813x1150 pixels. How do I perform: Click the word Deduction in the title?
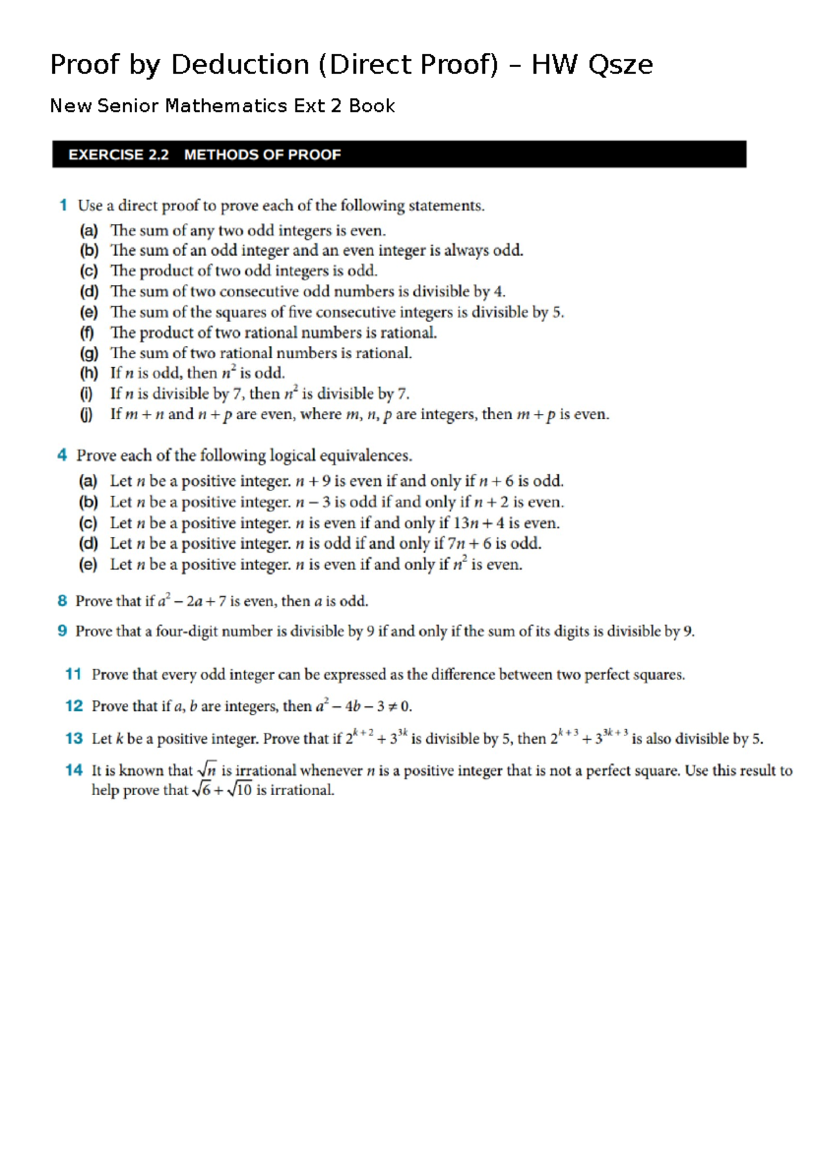(x=240, y=64)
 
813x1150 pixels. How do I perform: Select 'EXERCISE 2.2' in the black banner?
(x=118, y=154)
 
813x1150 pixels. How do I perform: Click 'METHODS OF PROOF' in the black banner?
(x=262, y=154)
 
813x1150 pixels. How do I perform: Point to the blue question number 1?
(x=63, y=205)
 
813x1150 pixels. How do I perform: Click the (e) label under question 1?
(x=89, y=312)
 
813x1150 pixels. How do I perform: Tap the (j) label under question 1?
(x=87, y=414)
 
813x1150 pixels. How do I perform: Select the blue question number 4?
(x=62, y=455)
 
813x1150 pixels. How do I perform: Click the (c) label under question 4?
(x=88, y=524)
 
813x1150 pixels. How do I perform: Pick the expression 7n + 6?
(x=469, y=544)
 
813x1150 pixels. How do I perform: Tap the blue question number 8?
(x=62, y=601)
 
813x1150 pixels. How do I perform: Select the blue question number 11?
(x=73, y=674)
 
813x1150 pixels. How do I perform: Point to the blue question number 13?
(x=73, y=738)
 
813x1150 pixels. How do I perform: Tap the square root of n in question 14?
(x=207, y=770)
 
